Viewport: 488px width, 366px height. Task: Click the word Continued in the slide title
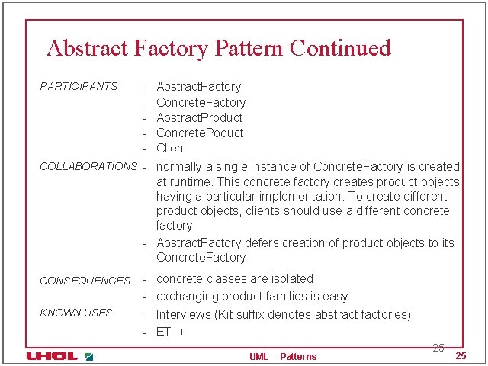pyautogui.click(x=340, y=48)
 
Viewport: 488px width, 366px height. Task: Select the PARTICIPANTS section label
pyautogui.click(x=79, y=86)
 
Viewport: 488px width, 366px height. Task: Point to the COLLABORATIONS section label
pyautogui.click(x=88, y=166)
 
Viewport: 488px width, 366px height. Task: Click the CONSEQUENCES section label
pyautogui.click(x=85, y=281)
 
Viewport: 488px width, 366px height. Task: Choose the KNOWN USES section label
pyautogui.click(x=75, y=313)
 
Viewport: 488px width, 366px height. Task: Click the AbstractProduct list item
pyautogui.click(x=199, y=117)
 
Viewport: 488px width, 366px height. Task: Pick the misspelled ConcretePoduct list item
pyautogui.click(x=200, y=133)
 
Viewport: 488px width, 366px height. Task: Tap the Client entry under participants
pyautogui.click(x=172, y=148)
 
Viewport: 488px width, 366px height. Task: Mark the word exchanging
pyautogui.click(x=187, y=296)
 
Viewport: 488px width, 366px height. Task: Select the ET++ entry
pyautogui.click(x=171, y=332)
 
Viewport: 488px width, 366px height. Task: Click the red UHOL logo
pyautogui.click(x=51, y=356)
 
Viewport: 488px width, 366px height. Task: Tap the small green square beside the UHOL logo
pyautogui.click(x=89, y=356)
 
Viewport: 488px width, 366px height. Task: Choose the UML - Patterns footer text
pyautogui.click(x=283, y=357)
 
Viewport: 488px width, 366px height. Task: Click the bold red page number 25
pyautogui.click(x=460, y=357)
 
